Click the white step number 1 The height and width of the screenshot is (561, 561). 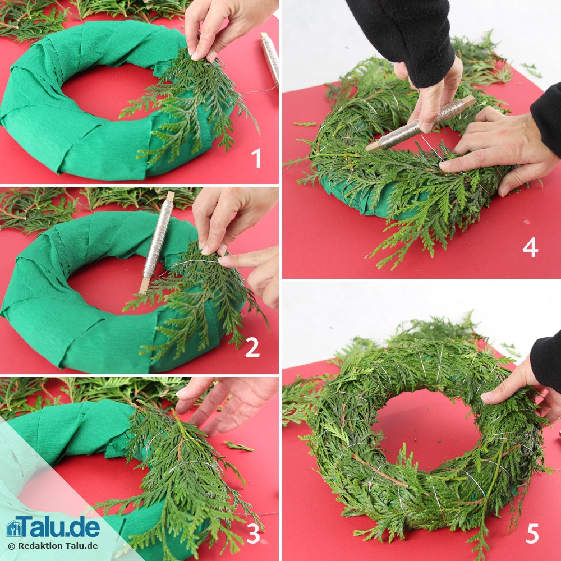[256, 158]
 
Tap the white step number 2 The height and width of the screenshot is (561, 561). [252, 347]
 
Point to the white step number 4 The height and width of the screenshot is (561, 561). [530, 247]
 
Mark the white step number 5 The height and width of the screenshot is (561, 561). [532, 534]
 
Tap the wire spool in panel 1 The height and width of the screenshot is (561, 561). [270, 58]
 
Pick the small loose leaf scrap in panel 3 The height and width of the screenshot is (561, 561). [238, 446]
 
